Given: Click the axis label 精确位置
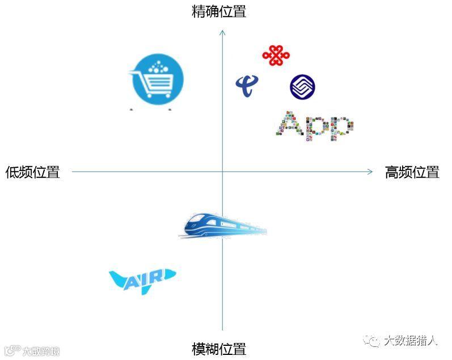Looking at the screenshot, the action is [x=219, y=11].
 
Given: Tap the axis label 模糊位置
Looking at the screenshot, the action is [x=219, y=349].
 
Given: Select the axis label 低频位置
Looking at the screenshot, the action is [x=32, y=172].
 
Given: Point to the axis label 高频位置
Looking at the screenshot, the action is [x=412, y=172].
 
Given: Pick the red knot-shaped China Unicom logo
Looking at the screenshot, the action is [x=276, y=56].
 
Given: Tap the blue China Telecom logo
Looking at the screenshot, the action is [x=247, y=86].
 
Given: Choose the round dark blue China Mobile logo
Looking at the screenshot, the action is [x=302, y=87].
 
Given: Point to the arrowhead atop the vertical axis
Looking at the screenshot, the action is [x=222, y=32].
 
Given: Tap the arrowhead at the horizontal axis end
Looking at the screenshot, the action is [x=370, y=172].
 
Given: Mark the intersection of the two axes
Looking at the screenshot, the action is [x=222, y=172].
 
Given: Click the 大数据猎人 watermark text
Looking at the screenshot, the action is [x=411, y=341].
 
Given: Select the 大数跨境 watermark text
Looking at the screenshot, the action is [x=41, y=351].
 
